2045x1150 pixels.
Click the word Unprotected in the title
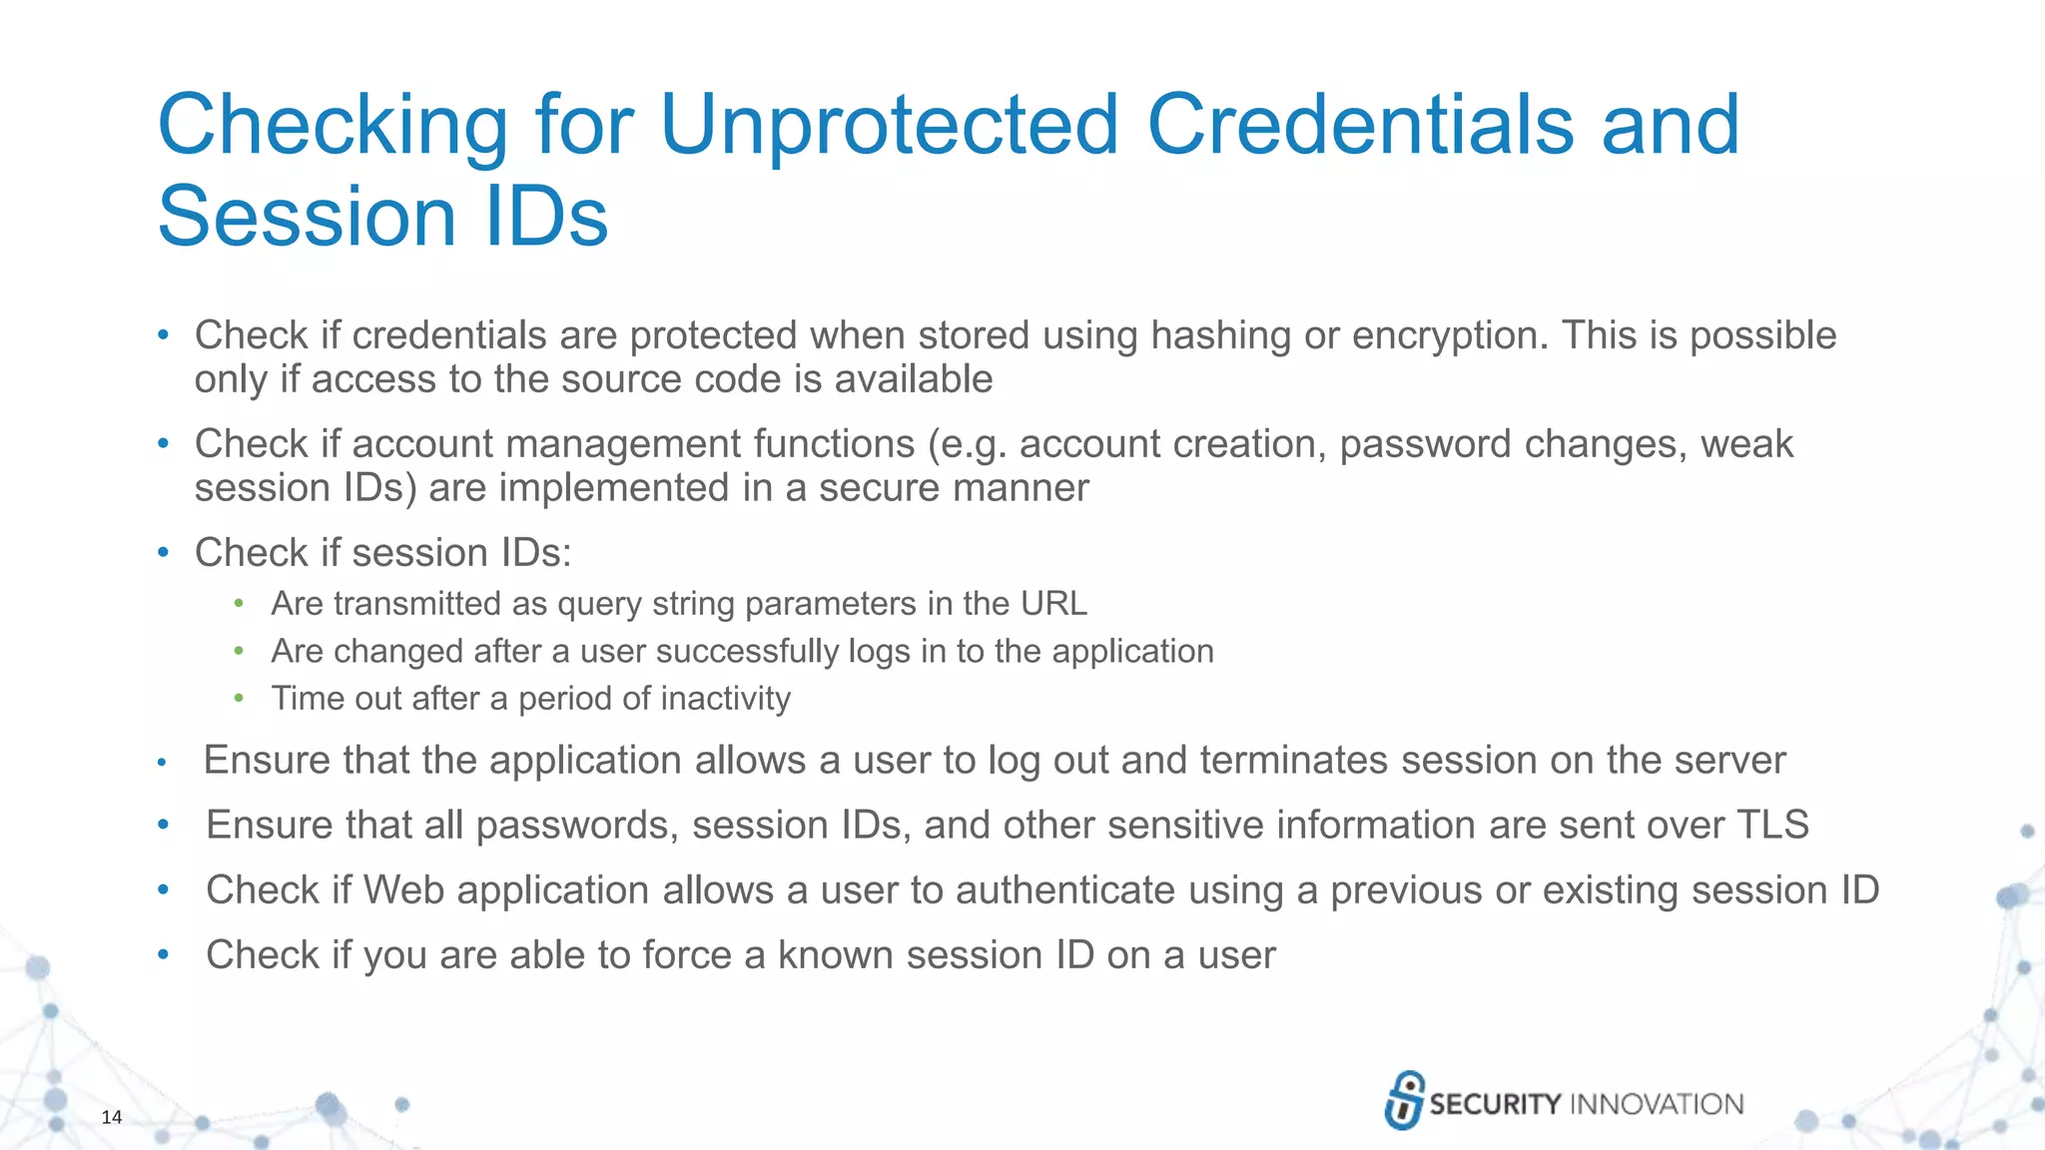889,125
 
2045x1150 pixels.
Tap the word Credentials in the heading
1360,125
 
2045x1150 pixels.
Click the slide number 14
112,1117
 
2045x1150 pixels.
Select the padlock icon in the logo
1404,1100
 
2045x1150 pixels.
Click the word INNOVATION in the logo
1657,1104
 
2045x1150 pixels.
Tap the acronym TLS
1772,826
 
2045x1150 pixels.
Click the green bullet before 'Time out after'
239,698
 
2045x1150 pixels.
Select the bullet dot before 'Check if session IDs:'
164,553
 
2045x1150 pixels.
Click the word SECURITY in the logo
1495,1104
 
